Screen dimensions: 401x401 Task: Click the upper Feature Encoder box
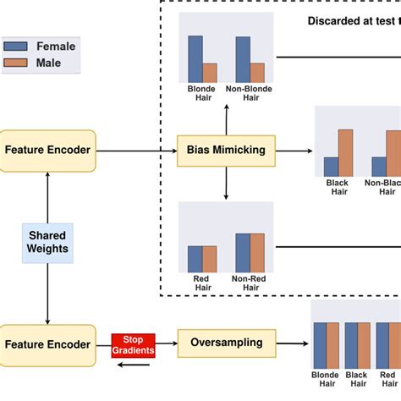click(x=48, y=151)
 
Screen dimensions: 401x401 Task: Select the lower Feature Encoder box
click(x=48, y=343)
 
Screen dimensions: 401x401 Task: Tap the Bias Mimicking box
click(x=226, y=151)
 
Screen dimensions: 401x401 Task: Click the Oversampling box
click(x=226, y=343)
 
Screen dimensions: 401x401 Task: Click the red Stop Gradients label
click(x=133, y=343)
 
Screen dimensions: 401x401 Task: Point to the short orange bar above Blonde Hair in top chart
click(x=210, y=72)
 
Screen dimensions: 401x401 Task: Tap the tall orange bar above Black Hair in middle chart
click(x=345, y=152)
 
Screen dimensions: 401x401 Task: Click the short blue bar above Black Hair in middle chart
click(x=331, y=166)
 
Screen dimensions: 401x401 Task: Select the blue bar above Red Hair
click(x=195, y=258)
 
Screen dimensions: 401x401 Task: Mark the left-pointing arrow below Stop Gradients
click(x=133, y=365)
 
